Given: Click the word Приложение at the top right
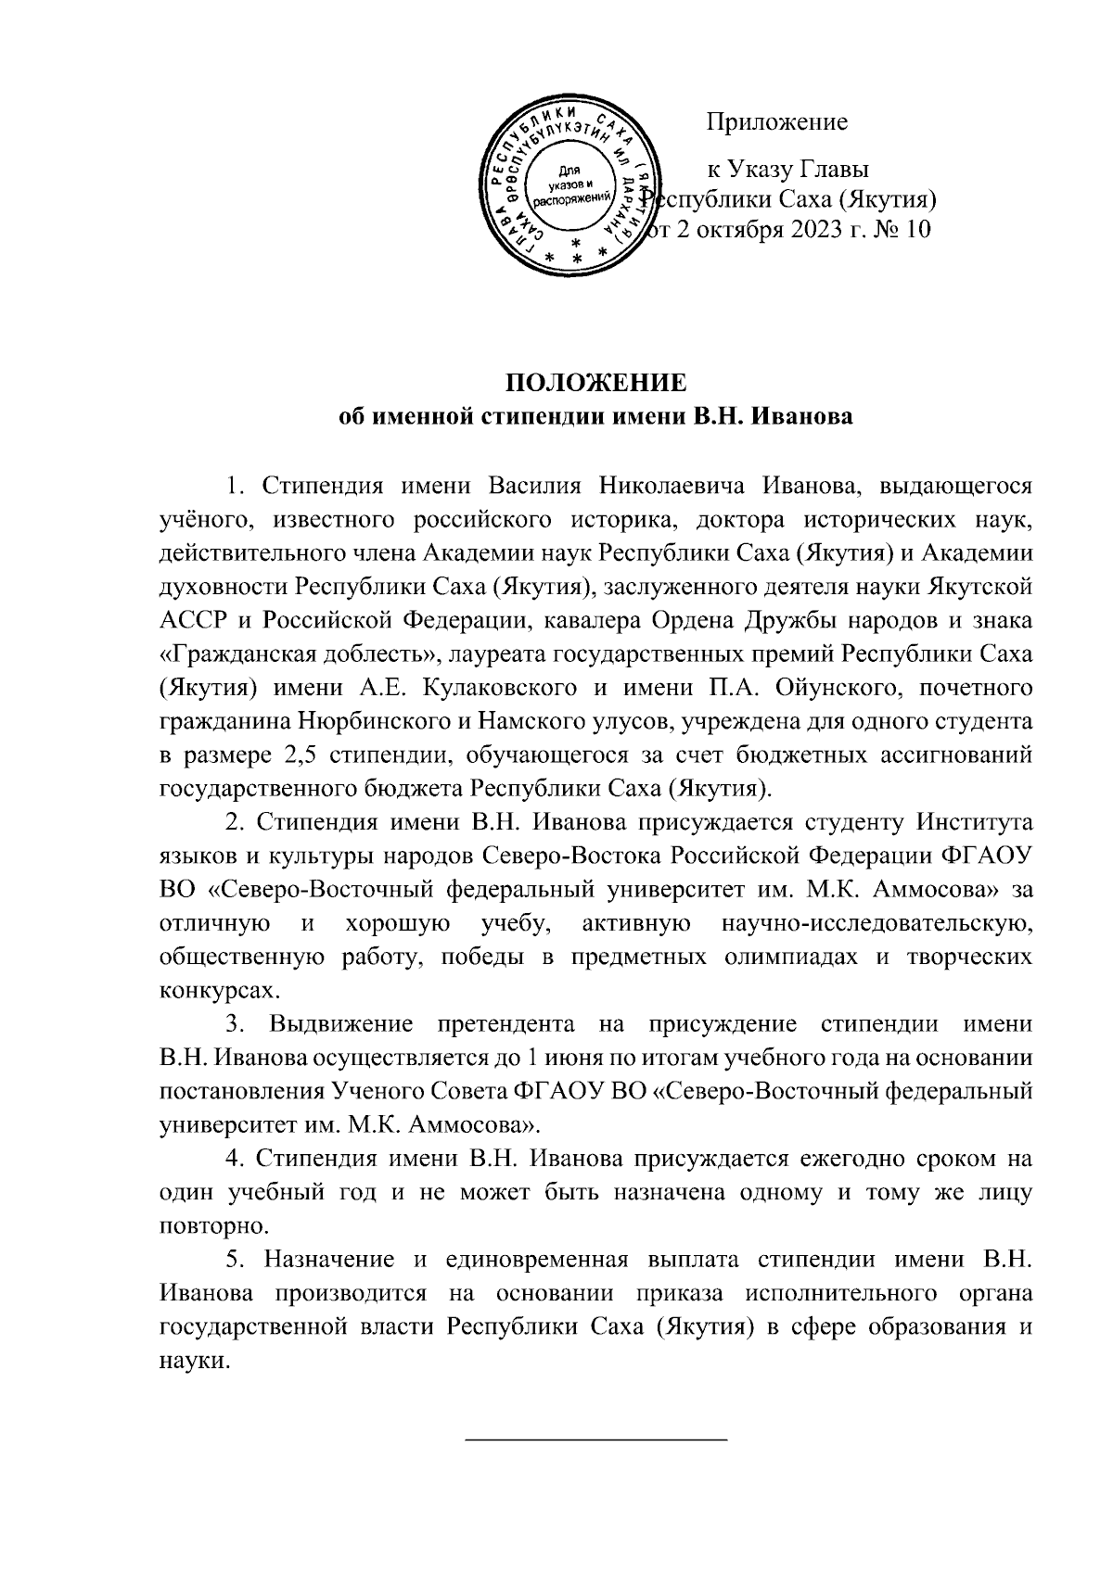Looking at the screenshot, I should click(x=777, y=121).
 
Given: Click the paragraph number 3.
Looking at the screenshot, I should click(x=235, y=1024).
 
